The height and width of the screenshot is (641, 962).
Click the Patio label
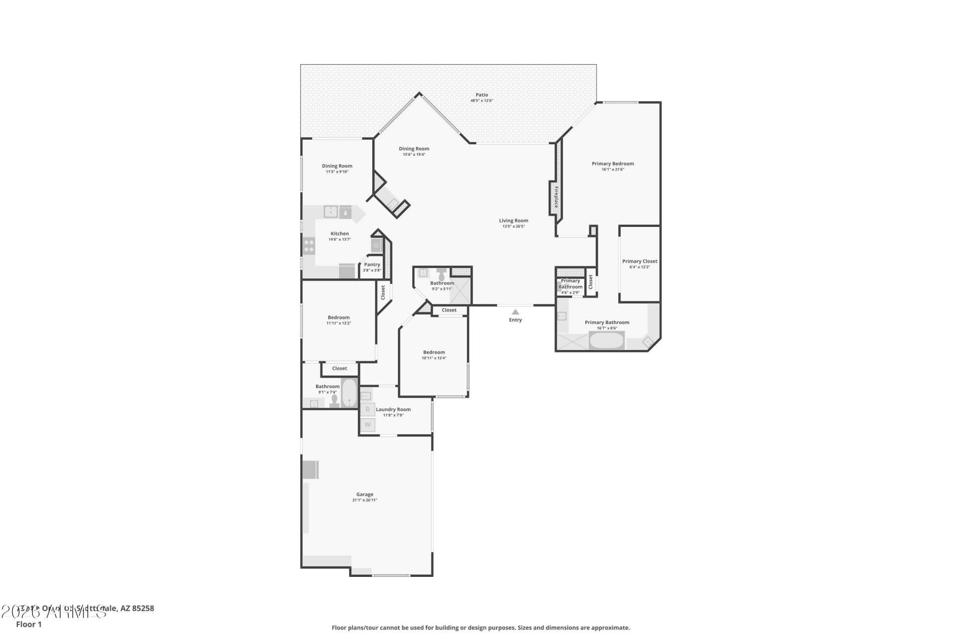click(482, 95)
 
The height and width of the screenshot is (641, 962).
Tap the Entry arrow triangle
click(515, 312)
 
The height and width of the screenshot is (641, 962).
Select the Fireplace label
click(556, 197)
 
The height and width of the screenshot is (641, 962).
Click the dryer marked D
click(367, 409)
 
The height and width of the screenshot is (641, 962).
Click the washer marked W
click(367, 425)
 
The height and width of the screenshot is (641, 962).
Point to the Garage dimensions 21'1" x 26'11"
click(364, 500)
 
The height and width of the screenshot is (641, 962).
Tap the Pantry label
click(372, 264)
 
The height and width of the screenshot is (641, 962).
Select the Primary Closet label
click(639, 261)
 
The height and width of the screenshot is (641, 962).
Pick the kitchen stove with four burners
click(309, 245)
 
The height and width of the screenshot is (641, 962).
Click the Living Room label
click(513, 220)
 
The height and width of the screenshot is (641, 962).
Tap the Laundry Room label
click(393, 409)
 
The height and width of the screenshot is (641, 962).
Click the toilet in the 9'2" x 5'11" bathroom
click(441, 275)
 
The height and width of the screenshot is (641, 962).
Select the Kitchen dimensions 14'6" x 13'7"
click(339, 239)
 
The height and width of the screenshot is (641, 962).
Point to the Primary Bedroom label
click(612, 163)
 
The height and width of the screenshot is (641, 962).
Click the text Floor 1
click(29, 624)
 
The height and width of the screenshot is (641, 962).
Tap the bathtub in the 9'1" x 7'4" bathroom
click(349, 393)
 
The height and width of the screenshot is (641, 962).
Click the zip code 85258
click(143, 608)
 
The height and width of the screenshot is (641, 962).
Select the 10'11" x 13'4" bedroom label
click(433, 352)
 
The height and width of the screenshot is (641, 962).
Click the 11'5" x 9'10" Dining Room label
click(337, 166)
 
